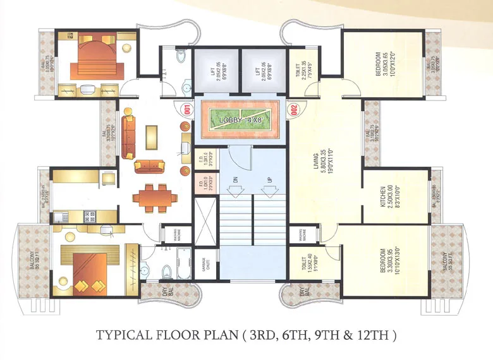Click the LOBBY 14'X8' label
pos(238,119)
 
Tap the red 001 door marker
pos(187,109)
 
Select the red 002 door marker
pos(293,109)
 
